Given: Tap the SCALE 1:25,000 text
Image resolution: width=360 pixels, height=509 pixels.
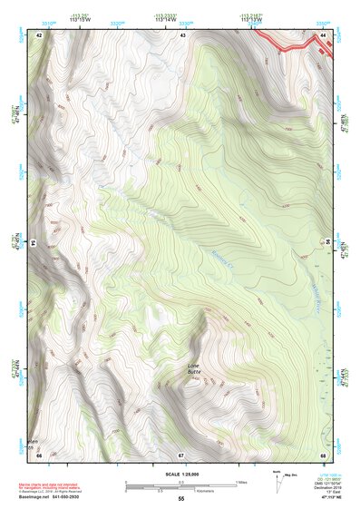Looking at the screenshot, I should (180, 475).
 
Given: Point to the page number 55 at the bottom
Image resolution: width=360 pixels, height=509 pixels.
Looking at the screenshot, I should (180, 499).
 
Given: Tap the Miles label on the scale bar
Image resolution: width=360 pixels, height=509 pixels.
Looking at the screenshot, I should (239, 481).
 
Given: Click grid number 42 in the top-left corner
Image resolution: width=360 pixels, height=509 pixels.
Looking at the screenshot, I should (40, 34).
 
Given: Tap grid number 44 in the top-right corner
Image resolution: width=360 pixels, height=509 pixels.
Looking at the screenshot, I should (322, 34).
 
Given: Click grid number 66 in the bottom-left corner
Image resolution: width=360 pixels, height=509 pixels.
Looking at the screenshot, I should (40, 454).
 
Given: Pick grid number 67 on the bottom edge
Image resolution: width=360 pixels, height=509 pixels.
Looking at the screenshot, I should (180, 454).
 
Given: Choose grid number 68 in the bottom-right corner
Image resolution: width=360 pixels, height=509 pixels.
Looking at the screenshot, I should (322, 454).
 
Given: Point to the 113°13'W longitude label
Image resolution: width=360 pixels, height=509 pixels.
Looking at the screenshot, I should (250, 18).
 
